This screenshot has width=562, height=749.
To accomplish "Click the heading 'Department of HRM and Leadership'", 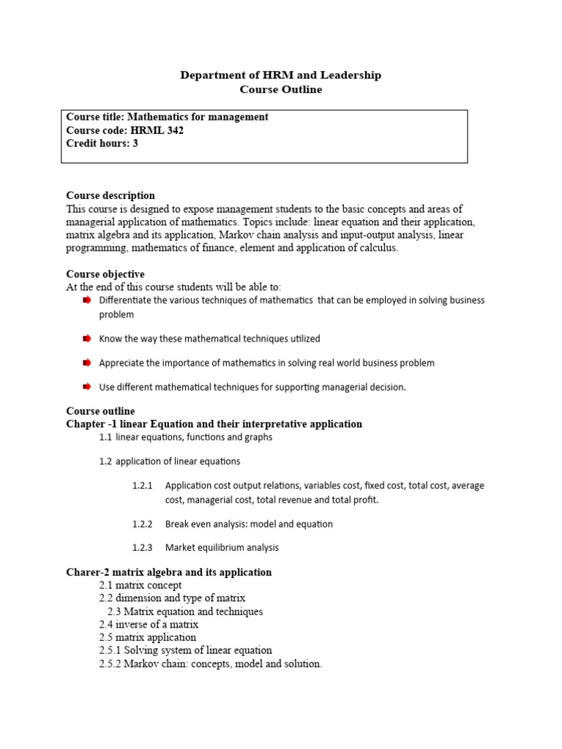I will tap(281, 75).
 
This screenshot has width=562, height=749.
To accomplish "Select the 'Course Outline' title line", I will tap(281, 90).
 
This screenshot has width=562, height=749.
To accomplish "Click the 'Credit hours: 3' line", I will tap(102, 144).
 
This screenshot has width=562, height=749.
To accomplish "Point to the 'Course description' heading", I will tap(110, 195).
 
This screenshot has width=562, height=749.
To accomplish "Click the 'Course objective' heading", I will tap(105, 274).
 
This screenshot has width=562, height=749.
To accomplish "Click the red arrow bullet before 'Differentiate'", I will tap(86, 301).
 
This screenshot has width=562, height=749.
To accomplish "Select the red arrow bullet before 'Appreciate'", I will tap(86, 363).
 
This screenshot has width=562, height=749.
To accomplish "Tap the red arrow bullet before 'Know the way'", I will tap(86, 339).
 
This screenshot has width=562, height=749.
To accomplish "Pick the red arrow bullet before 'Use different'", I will tap(86, 386).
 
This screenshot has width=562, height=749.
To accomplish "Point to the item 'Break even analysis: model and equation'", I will tap(249, 524).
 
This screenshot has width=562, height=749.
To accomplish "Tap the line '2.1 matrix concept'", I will tap(140, 585).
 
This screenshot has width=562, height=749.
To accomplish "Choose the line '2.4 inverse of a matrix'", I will tap(149, 625).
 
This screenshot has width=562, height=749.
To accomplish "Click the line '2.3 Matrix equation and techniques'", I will tap(185, 611).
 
